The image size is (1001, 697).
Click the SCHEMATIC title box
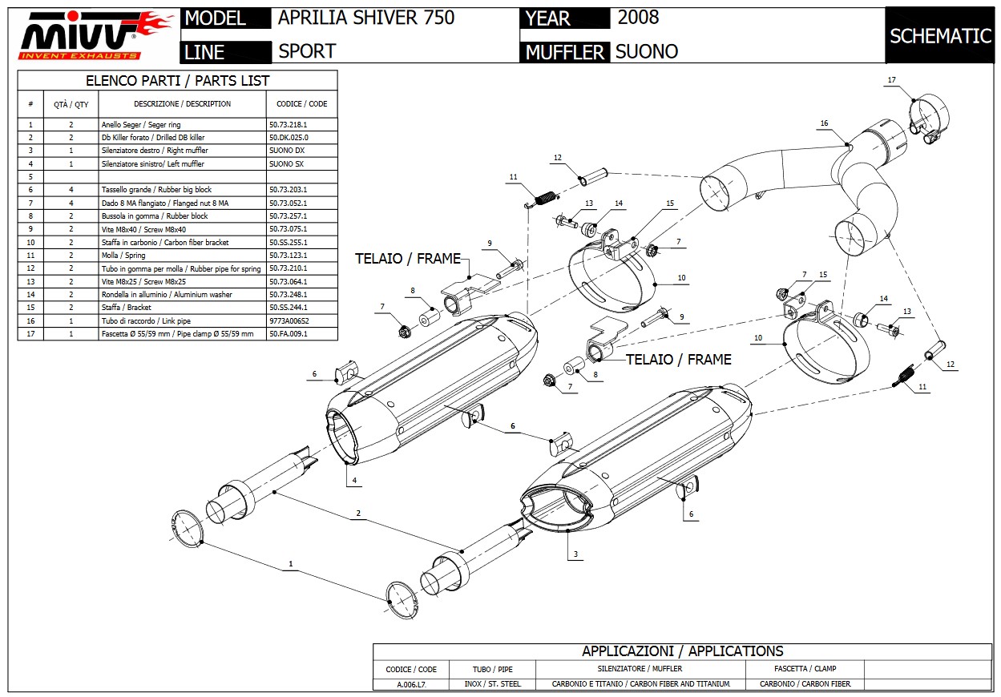point(940,35)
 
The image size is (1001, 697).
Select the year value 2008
point(638,18)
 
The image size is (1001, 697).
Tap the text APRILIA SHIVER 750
point(365,18)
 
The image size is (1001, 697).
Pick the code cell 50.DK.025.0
point(289,138)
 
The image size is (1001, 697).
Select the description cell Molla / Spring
point(123,256)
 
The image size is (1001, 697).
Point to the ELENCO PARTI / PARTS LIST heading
point(177,81)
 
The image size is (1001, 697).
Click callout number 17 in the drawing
point(891,79)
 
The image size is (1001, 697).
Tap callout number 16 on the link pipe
point(824,123)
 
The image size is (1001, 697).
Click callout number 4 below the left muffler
point(353,481)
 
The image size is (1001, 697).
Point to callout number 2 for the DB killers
point(358,513)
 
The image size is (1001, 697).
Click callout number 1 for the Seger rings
point(291,564)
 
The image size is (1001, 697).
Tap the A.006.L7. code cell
point(411,684)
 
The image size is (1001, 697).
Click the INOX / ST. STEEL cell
point(492,684)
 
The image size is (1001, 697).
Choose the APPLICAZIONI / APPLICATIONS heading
point(682,651)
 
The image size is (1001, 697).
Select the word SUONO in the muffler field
point(646,52)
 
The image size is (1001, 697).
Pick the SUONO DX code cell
point(287,151)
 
